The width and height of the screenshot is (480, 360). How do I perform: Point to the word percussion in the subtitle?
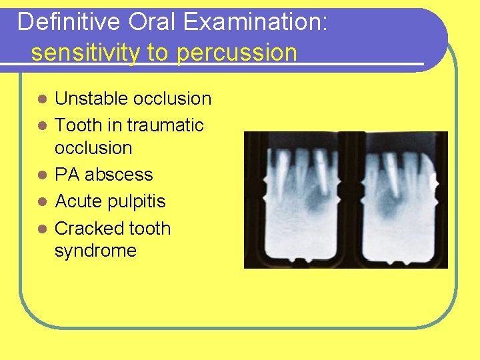237,53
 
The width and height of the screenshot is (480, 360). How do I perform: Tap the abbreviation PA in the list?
67,175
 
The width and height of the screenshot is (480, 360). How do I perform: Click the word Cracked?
84,229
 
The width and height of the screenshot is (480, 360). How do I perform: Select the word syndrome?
95,251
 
